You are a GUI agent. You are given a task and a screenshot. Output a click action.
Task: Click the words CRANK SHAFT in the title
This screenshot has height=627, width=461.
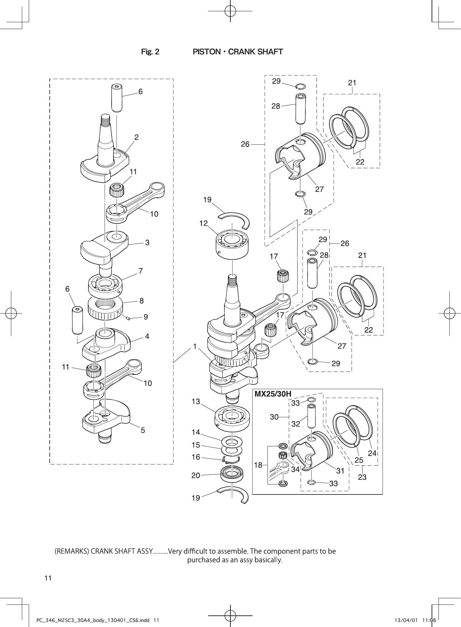point(255,52)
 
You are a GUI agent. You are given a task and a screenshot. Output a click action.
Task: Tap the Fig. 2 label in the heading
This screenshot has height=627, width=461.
point(150,52)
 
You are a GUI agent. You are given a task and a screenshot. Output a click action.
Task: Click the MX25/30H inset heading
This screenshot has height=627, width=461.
point(273,394)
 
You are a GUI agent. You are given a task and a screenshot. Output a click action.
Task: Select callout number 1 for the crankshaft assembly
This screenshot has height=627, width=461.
point(195,346)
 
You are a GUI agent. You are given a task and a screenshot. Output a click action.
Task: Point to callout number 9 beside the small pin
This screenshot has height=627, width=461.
point(146,317)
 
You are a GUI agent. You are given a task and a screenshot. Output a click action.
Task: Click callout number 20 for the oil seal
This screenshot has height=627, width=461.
point(196,476)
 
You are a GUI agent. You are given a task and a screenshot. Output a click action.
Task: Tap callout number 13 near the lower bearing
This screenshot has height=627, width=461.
point(196,401)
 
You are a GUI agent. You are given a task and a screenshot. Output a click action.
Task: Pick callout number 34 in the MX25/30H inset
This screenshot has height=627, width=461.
point(295,469)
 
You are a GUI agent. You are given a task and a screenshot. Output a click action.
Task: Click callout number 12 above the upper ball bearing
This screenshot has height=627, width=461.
point(203,223)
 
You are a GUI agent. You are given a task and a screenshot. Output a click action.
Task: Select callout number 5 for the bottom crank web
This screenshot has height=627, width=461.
point(143,430)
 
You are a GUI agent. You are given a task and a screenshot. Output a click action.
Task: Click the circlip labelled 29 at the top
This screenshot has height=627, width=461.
point(301,86)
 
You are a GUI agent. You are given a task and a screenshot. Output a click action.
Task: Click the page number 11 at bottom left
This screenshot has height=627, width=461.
point(48,578)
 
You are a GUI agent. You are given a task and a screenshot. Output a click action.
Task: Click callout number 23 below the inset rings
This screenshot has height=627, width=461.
point(362,477)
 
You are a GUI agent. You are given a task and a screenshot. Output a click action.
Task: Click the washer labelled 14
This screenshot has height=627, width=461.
point(232,442)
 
